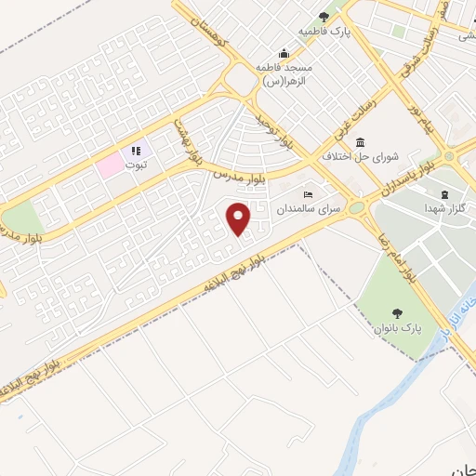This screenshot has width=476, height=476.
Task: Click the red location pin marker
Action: (240, 218)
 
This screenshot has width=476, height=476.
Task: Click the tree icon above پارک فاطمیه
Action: (324, 16)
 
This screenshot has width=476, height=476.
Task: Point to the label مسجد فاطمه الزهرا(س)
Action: (284, 74)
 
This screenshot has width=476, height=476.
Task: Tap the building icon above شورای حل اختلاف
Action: (360, 141)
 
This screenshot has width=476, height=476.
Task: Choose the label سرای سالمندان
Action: (317, 211)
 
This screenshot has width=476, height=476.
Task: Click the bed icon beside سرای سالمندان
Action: (308, 195)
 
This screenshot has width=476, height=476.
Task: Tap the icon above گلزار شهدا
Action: (443, 193)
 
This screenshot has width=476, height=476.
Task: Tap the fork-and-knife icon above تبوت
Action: (136, 150)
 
